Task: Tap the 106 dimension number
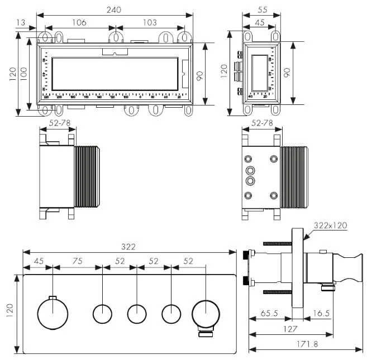click(x=79, y=22)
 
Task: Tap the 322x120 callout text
click(x=331, y=225)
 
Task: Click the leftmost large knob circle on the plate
click(x=52, y=313)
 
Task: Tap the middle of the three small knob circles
click(x=137, y=313)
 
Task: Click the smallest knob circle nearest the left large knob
click(x=103, y=313)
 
